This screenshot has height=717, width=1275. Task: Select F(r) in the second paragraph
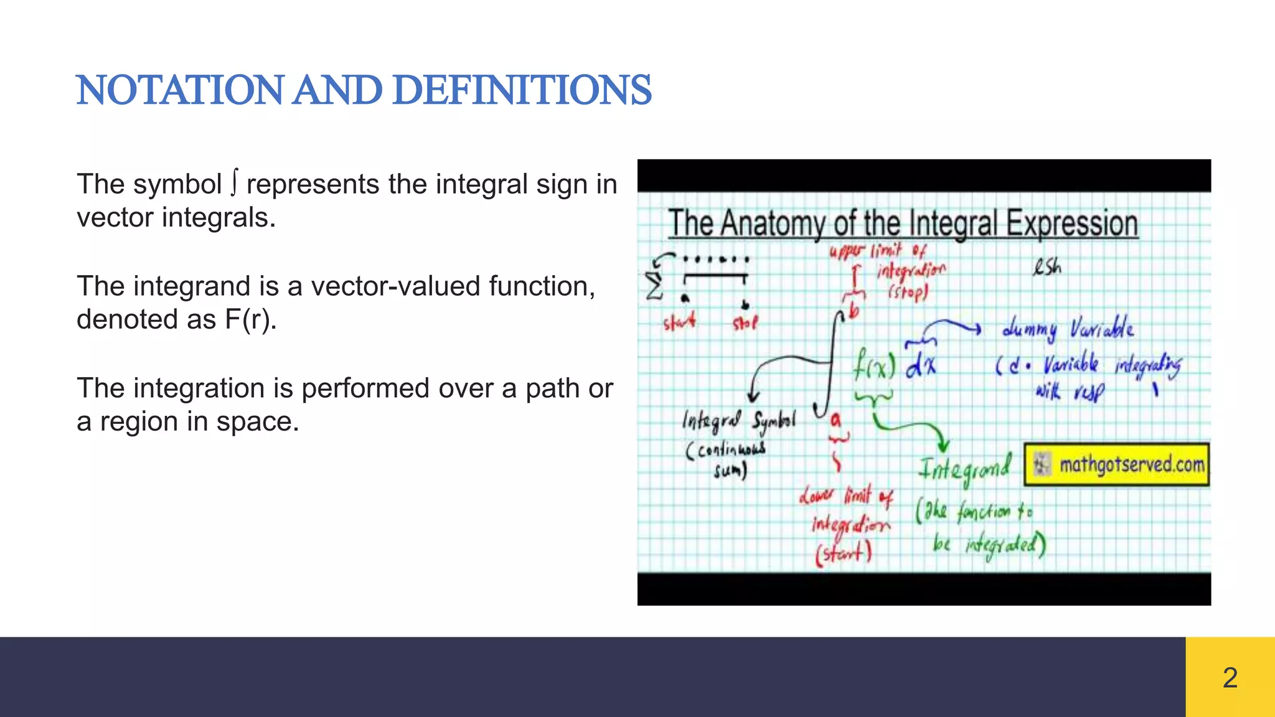[x=250, y=319]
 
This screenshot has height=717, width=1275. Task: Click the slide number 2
[x=1230, y=677]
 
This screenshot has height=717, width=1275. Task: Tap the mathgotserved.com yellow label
[x=1117, y=464]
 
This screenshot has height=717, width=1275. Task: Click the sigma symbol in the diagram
[x=654, y=284]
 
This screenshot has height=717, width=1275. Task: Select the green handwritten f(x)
[x=873, y=365]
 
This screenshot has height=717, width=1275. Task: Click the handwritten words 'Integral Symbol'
[x=738, y=421]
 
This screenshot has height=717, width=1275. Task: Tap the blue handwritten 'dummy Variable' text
[x=1067, y=329]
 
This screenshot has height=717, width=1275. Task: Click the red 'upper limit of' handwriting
[x=877, y=251]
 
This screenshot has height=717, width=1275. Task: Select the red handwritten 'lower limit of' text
[x=846, y=496]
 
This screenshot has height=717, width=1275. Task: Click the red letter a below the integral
[x=835, y=421]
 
